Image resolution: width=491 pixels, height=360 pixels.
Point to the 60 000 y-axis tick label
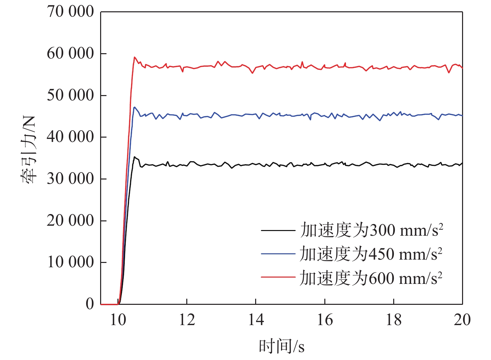coord(70,53)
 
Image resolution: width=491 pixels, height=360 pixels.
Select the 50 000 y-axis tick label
coord(70,95)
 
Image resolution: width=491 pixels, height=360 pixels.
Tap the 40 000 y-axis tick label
coord(70,137)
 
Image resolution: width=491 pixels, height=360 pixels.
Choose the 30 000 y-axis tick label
coord(70,179)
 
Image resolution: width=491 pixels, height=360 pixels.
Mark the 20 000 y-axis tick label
coord(70,220)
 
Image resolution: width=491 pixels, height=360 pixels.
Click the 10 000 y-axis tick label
coord(70,262)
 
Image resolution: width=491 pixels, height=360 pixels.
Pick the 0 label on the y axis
coord(90,303)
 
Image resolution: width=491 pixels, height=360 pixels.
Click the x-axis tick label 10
coord(118,320)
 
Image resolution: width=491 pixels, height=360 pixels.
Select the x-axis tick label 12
coord(187,320)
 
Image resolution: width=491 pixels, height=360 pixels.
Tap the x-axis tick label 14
coord(256,320)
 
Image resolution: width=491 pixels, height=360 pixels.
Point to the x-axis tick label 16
coord(325,320)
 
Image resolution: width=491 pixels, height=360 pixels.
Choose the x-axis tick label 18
coord(394,320)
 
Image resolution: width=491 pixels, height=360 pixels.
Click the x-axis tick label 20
coord(462,320)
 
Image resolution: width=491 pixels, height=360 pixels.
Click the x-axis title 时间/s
coord(281,346)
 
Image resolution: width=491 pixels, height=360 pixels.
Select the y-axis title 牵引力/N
coord(29,150)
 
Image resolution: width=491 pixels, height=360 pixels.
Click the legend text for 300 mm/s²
coord(371,230)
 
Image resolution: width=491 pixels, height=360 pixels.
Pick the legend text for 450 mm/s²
coord(371,254)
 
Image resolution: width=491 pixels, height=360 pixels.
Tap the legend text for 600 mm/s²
coord(371,278)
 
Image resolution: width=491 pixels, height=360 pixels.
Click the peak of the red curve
coord(134,57)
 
